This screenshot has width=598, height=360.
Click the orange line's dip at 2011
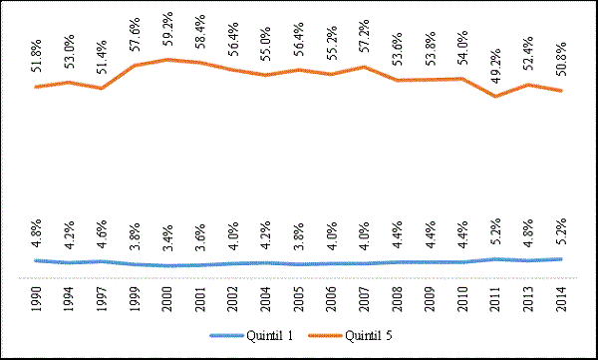[x=496, y=96]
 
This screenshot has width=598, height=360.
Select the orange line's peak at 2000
[x=167, y=60]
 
